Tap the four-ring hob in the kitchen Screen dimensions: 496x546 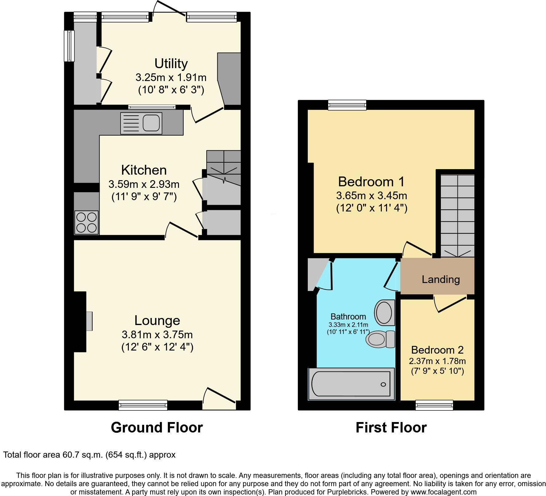[86, 223]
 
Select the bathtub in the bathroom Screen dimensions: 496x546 [351, 384]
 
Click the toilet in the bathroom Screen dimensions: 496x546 [380, 339]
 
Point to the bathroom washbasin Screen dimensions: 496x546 [384, 313]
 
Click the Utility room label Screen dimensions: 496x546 [171, 64]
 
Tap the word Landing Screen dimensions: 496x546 [441, 279]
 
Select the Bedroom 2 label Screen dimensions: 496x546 [437, 350]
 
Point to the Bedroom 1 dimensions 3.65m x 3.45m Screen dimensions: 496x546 [371, 195]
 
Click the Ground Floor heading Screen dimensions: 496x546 [157, 428]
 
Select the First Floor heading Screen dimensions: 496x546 [391, 428]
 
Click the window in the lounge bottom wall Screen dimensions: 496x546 [143, 405]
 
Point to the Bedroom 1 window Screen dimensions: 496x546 [347, 105]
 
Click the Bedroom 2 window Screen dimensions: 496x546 [434, 405]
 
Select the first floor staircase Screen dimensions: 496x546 [457, 215]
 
